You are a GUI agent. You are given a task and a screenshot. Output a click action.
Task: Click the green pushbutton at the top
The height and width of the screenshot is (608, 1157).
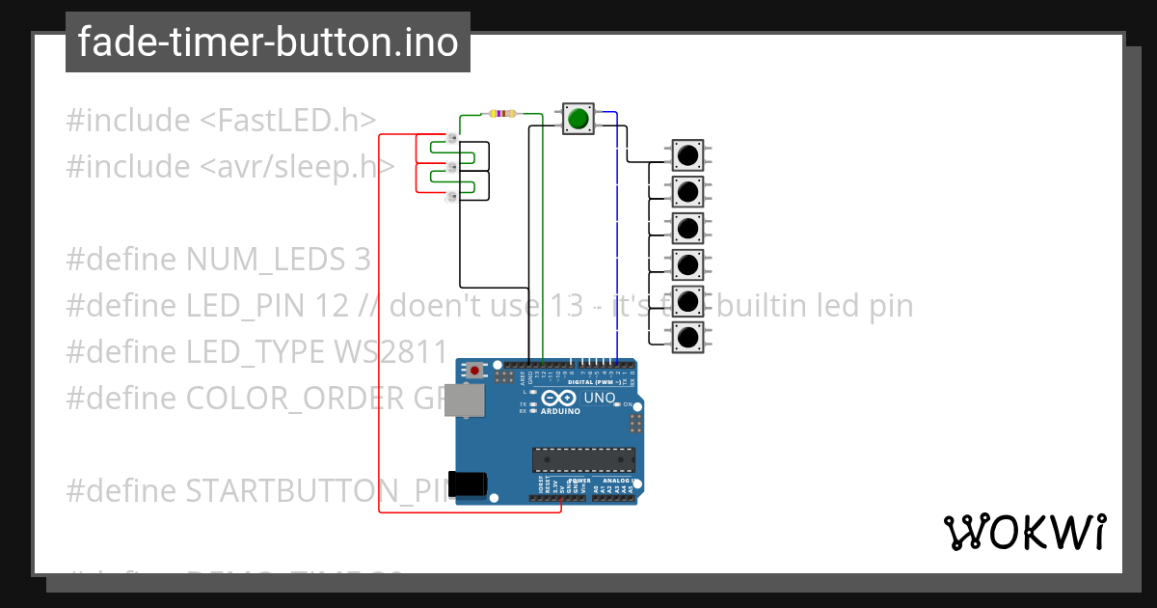click(x=578, y=118)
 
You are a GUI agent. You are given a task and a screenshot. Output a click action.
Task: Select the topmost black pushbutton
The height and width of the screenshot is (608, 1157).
click(x=687, y=154)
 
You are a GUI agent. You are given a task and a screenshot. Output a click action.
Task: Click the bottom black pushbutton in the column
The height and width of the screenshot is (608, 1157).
click(x=687, y=338)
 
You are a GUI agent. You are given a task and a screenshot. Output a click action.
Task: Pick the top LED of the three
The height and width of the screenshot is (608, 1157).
click(x=450, y=138)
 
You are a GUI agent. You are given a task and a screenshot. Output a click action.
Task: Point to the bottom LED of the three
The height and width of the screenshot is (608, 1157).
click(x=450, y=198)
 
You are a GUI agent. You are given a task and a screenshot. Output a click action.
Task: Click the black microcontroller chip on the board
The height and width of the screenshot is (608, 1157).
click(x=583, y=461)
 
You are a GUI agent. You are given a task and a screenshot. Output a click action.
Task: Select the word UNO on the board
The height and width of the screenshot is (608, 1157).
click(x=601, y=397)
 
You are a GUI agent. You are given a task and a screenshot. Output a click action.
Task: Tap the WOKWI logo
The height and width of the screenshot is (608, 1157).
click(x=1024, y=532)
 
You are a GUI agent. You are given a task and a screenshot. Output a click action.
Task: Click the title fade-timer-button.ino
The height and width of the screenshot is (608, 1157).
click(x=268, y=42)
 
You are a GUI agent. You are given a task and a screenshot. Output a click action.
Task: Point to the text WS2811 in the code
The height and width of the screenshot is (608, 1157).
click(x=395, y=352)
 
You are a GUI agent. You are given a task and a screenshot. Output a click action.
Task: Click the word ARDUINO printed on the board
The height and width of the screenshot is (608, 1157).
click(x=560, y=411)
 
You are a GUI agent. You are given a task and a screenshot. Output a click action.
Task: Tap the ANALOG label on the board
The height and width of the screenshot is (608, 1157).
click(x=613, y=481)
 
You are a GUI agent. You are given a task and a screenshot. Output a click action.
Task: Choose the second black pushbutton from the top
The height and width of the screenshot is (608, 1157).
click(x=687, y=191)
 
